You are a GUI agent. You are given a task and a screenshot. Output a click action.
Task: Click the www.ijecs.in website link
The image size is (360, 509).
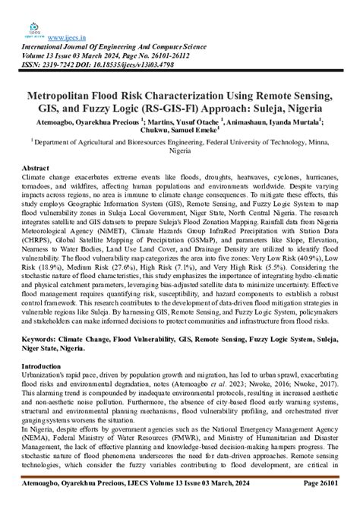[65, 37]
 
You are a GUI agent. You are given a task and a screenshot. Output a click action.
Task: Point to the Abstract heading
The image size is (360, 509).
[36, 166]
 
